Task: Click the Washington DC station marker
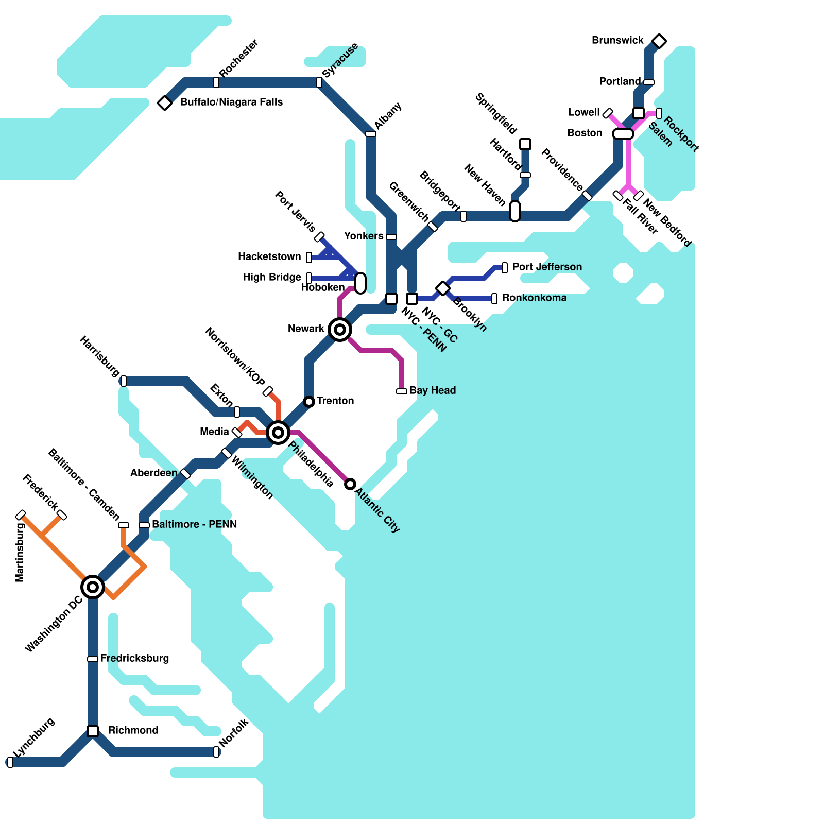tap(93, 587)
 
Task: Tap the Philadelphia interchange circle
tap(278, 432)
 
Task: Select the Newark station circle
tap(340, 329)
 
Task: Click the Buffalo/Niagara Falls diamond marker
tap(165, 102)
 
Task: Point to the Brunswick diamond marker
tap(659, 41)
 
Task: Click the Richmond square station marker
tap(93, 731)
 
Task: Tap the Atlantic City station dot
tap(350, 484)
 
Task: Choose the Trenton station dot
tap(309, 401)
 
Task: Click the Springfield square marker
tap(525, 144)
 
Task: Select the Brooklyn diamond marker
tap(443, 288)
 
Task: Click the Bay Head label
tap(433, 390)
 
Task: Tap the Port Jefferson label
tap(547, 267)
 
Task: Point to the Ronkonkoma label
tap(534, 298)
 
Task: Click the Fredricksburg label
tap(134, 658)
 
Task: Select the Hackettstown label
tap(269, 256)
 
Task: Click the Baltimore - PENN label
tap(195, 524)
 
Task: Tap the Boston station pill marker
tap(623, 134)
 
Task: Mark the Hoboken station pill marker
tap(360, 283)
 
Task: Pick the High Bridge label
tap(272, 277)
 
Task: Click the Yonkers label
tap(364, 236)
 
